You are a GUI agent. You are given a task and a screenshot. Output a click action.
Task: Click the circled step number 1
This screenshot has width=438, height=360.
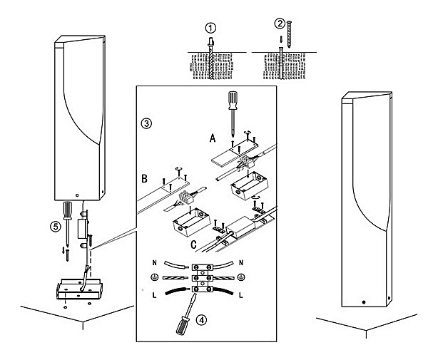tap(210, 28)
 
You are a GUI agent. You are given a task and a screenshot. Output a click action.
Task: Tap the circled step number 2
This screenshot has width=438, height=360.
tap(280, 24)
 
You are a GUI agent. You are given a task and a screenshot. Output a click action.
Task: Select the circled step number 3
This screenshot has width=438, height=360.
tap(146, 123)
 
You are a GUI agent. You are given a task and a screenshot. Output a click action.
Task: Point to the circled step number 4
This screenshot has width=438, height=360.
tap(201, 320)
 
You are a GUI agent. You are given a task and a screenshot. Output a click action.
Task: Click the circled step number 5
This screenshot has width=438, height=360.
tap(56, 226)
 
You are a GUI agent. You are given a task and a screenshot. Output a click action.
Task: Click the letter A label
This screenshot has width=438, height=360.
tap(213, 138)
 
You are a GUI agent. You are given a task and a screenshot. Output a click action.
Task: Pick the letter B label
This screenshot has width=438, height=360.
tap(144, 179)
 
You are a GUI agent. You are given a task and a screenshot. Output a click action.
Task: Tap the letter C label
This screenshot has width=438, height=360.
tap(193, 245)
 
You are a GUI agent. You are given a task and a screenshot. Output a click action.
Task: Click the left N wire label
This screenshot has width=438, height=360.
tap(155, 263)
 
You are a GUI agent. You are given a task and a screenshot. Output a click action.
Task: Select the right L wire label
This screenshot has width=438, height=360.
tap(241, 295)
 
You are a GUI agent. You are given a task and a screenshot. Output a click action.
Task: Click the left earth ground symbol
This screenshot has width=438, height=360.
tap(155, 277)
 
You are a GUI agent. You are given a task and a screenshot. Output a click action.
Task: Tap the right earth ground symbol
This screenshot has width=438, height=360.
tap(241, 277)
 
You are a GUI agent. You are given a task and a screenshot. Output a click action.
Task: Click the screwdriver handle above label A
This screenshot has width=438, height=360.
tap(233, 101)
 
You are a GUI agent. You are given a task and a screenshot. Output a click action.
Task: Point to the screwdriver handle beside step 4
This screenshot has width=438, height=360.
tap(181, 326)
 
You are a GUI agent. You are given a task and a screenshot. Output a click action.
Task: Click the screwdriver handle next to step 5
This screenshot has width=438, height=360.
tap(67, 210)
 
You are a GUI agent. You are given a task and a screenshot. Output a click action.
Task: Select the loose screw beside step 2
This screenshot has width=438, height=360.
tap(290, 34)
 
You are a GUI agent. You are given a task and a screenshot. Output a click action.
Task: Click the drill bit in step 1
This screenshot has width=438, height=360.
tap(211, 58)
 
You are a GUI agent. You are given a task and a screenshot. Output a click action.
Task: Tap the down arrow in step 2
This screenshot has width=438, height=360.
tap(281, 40)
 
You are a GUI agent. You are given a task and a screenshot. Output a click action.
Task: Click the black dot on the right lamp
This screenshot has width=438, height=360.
tap(363, 302)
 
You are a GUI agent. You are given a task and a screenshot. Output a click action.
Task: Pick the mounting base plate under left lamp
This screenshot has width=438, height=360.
tap(79, 289)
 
